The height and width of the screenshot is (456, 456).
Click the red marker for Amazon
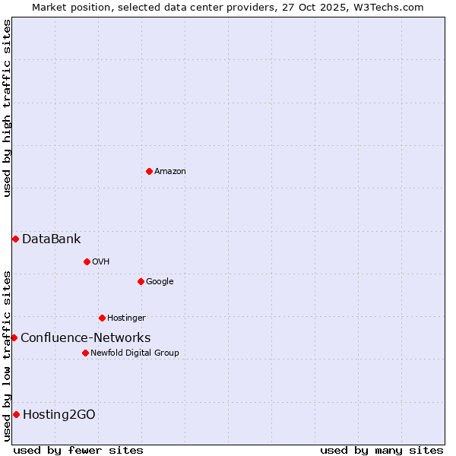(x=149, y=171)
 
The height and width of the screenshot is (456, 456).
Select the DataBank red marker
(x=15, y=239)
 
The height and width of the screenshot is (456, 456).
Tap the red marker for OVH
(x=87, y=261)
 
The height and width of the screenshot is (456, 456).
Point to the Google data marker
(x=141, y=281)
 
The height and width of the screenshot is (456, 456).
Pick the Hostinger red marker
(x=102, y=318)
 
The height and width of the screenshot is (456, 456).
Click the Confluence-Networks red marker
(x=14, y=337)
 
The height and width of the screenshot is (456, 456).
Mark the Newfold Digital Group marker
(x=85, y=353)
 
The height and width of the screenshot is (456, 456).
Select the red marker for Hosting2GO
(x=16, y=414)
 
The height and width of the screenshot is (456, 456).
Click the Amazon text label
(x=169, y=171)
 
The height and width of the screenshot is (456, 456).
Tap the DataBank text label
(x=51, y=239)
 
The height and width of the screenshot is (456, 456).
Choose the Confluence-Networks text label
(x=85, y=337)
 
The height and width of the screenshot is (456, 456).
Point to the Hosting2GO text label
(x=59, y=414)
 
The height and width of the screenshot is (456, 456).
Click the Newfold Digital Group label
(x=135, y=353)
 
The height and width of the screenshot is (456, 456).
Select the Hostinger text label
(x=126, y=318)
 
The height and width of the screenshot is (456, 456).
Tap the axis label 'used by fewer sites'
(x=78, y=450)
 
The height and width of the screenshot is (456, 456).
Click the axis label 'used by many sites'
(x=382, y=450)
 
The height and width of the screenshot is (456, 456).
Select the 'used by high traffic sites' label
(x=8, y=108)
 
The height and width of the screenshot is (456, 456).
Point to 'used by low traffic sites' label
(x=8, y=356)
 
